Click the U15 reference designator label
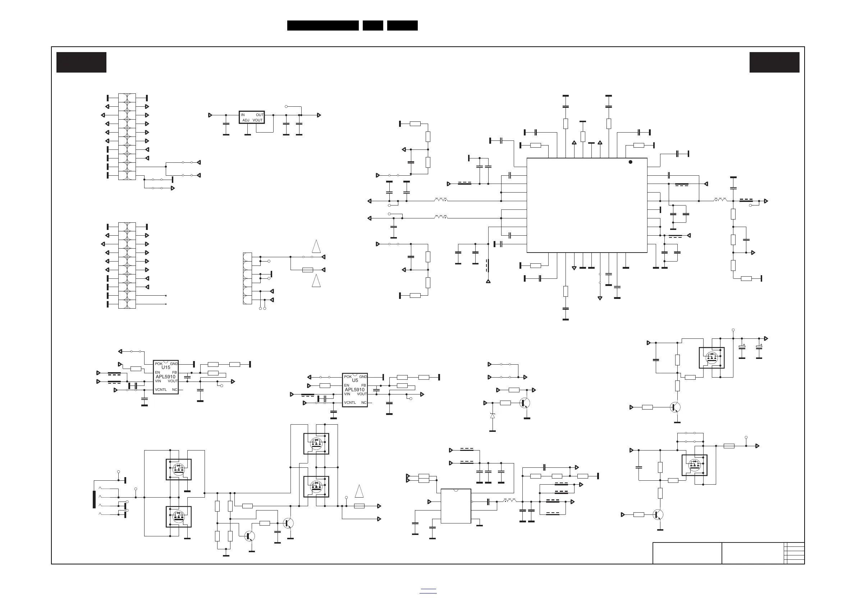pos(165,367)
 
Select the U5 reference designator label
pos(355,380)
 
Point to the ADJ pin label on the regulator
pos(246,120)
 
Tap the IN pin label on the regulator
pos(243,115)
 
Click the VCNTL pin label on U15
pos(161,390)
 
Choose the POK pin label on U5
pos(348,377)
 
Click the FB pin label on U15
pos(174,373)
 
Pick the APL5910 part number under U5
pos(354,390)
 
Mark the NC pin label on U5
pos(363,403)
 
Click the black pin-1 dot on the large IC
pos(631,162)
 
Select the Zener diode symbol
pos(493,416)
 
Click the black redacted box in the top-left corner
pos(81,62)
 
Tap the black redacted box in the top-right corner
pos(774,62)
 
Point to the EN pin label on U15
pos(157,373)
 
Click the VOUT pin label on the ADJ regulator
pos(258,120)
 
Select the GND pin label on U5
pos(363,377)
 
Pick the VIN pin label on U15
pos(158,381)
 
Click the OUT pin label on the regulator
pos(260,115)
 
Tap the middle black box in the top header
pos(373,26)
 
